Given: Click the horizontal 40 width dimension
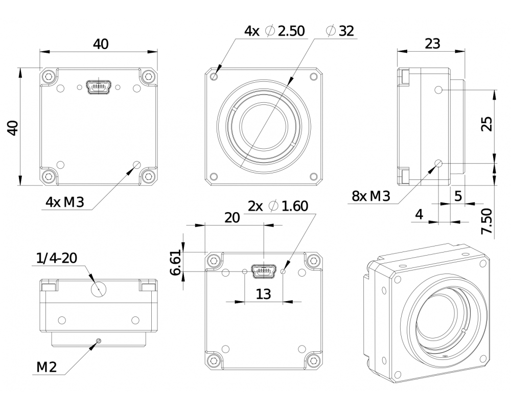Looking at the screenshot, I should [x=100, y=44].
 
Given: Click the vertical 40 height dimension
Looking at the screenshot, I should [x=12, y=127].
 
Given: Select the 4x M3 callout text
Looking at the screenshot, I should [x=64, y=202].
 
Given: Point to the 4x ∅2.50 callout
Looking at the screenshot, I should [x=274, y=31].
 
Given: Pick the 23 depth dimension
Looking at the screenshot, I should [x=432, y=43].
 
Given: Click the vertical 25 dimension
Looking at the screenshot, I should [x=487, y=124].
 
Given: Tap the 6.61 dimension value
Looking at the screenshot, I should [x=176, y=262].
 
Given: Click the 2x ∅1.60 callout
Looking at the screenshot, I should [x=278, y=206].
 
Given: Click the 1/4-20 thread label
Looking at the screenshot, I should [x=56, y=258].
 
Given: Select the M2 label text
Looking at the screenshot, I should [x=47, y=367].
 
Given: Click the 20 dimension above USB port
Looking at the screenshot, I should [x=233, y=218].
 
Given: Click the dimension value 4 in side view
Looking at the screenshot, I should [x=419, y=215].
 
